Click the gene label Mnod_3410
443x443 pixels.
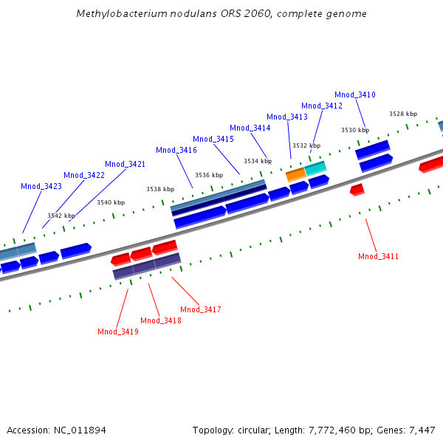click(x=355, y=95)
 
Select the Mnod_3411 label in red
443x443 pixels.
click(x=379, y=256)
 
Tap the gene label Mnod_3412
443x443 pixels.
click(x=322, y=106)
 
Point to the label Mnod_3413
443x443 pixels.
click(x=287, y=117)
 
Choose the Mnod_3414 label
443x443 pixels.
click(x=250, y=128)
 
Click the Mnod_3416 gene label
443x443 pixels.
click(x=176, y=150)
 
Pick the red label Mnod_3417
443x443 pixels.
click(x=201, y=309)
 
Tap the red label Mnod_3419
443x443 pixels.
click(x=118, y=332)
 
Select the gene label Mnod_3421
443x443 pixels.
click(x=126, y=164)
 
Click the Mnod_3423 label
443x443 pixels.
click(x=41, y=186)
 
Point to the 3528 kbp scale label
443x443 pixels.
click(x=403, y=114)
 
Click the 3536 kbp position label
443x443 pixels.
click(x=208, y=175)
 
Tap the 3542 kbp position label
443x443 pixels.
click(x=61, y=216)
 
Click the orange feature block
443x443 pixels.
click(x=295, y=174)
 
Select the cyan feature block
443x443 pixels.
click(x=316, y=168)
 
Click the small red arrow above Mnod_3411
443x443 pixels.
click(x=357, y=190)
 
